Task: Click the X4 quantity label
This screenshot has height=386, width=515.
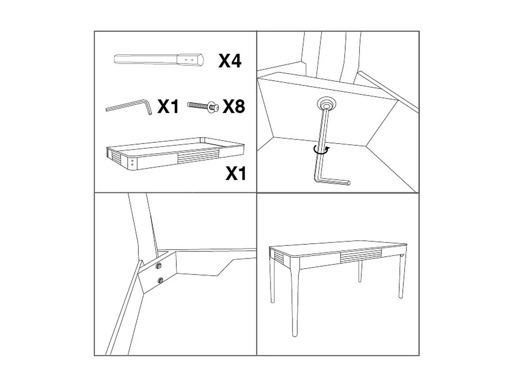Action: point(229,61)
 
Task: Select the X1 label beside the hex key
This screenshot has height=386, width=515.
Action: point(168,106)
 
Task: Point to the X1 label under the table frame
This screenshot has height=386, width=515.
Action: point(236,173)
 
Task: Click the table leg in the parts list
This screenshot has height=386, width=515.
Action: point(159,60)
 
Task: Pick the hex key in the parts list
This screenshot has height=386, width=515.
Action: point(129,107)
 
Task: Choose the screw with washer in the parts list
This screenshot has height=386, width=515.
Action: point(203,107)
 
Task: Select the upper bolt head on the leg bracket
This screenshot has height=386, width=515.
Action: point(159,265)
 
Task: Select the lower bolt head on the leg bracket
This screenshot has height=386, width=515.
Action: point(161,280)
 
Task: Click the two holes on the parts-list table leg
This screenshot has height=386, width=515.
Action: point(189,60)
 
